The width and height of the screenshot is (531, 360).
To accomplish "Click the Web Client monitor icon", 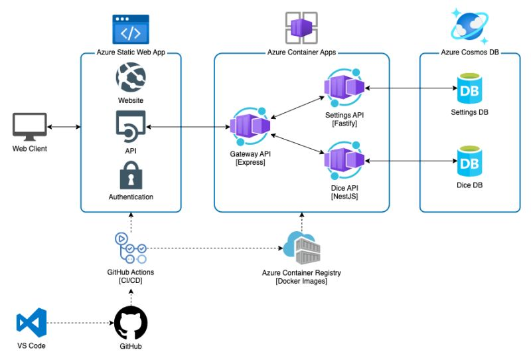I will [x=30, y=127].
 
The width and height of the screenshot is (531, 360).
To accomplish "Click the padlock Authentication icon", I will [x=131, y=175].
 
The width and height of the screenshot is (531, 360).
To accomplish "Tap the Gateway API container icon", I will [x=248, y=126].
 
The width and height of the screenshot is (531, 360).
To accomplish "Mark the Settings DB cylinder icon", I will [x=470, y=89].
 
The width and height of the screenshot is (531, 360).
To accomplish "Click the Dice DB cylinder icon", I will [x=470, y=161].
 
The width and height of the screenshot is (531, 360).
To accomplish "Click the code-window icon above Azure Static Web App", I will [x=131, y=30].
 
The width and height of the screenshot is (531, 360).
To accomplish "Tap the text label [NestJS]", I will [x=344, y=197].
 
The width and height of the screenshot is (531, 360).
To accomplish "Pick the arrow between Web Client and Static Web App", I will [x=64, y=127].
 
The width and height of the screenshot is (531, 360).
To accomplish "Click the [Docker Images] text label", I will [x=302, y=282].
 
